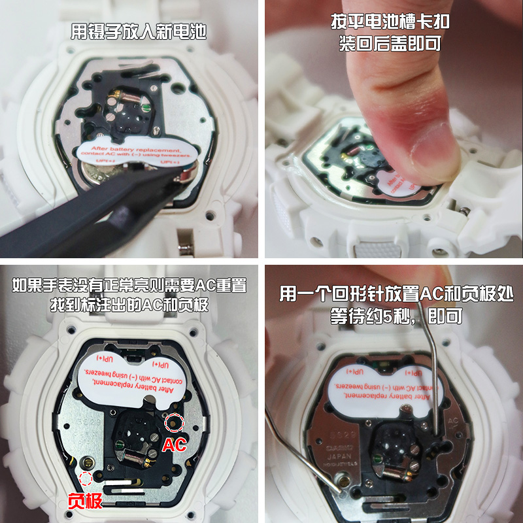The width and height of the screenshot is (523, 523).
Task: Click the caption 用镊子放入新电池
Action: (138, 32)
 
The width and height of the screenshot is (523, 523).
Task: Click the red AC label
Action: (173, 445)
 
